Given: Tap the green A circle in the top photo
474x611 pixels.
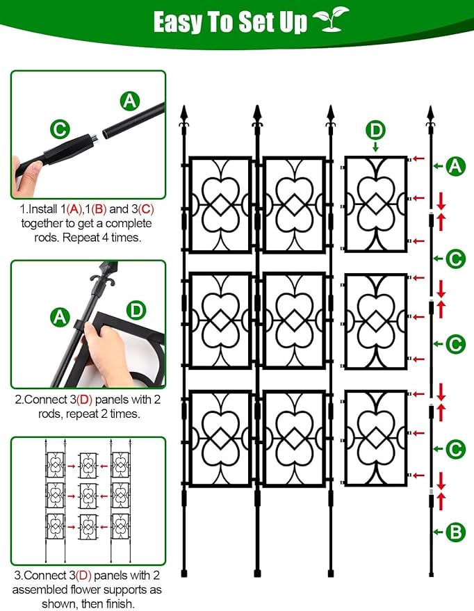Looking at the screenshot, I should point(129,101).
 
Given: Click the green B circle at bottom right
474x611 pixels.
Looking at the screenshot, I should point(455,532).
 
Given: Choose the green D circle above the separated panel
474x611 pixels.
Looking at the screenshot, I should point(375,130).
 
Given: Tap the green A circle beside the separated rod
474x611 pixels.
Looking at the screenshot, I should point(455,166).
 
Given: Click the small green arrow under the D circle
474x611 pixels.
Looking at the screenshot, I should point(375,147).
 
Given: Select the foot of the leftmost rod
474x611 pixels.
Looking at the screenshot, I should point(184,573).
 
